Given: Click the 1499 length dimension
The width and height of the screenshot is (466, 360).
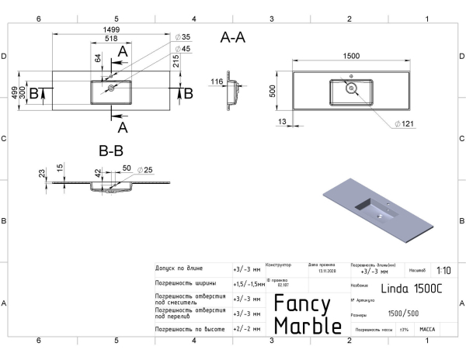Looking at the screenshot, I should (111, 29).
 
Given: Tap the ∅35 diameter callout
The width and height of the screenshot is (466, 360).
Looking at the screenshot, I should (183, 36).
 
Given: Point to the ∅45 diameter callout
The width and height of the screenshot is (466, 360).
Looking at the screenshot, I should (183, 49).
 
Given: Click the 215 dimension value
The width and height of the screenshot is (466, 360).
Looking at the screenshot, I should (177, 62).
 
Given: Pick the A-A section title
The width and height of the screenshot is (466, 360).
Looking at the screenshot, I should (233, 38).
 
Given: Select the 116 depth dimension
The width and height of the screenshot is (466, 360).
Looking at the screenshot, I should (217, 81).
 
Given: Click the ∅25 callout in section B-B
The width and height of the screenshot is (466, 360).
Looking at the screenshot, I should (146, 169).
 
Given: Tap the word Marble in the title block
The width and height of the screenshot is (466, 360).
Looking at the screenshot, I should (308, 326).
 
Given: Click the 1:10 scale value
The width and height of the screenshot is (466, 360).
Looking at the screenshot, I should (443, 270).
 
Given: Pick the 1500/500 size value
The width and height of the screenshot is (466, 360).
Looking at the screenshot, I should (402, 315).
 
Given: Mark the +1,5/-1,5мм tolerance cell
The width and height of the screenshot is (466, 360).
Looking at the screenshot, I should (248, 284).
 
